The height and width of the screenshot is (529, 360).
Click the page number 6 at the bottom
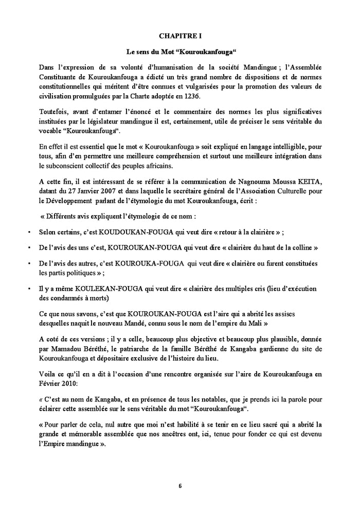pos(180,485)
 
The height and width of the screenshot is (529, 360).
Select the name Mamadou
pos(61,349)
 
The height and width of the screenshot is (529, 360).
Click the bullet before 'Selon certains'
pos(29,232)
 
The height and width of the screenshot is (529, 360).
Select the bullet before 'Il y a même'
pos(29,289)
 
